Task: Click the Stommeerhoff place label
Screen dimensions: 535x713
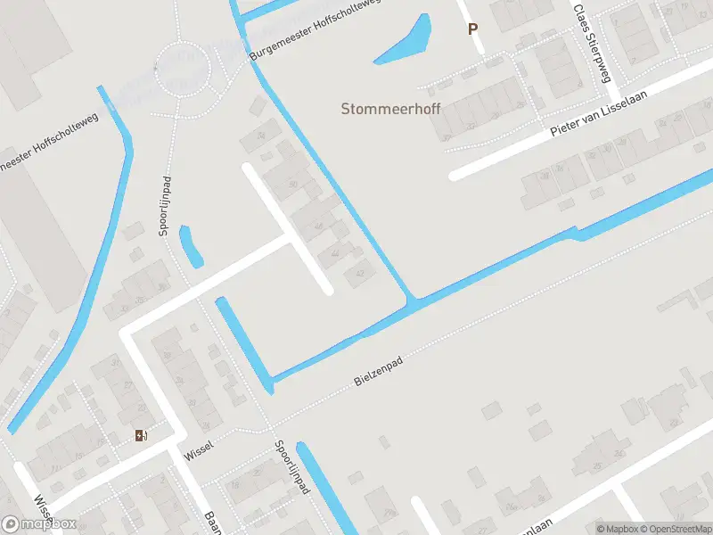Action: pyautogui.click(x=390, y=109)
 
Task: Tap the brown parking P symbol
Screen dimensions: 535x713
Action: pyautogui.click(x=472, y=29)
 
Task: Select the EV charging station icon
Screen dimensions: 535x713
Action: pyautogui.click(x=141, y=435)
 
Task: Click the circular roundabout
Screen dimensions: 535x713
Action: pyautogui.click(x=182, y=69)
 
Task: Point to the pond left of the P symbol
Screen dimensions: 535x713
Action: pyautogui.click(x=406, y=40)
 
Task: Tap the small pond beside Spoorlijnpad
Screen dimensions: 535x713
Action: pyautogui.click(x=191, y=246)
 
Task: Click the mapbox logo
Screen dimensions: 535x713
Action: pyautogui.click(x=39, y=523)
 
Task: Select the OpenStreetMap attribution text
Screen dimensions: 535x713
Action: pyautogui.click(x=672, y=529)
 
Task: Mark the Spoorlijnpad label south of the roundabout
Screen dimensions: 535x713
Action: pyautogui.click(x=165, y=204)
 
